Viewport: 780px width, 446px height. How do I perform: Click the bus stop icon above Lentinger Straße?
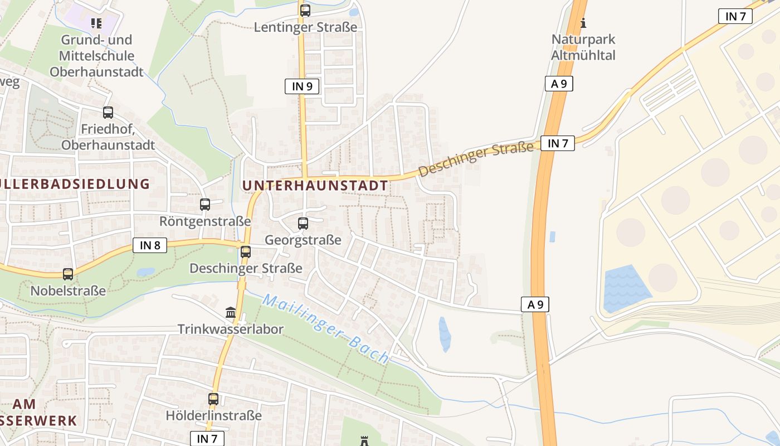(x=305, y=10)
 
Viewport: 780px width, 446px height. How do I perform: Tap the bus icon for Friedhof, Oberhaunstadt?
(x=108, y=113)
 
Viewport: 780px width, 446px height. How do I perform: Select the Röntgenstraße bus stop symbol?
(x=205, y=205)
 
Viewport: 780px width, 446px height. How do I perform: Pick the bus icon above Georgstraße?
(x=303, y=224)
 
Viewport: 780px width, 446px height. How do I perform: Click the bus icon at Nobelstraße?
(x=68, y=274)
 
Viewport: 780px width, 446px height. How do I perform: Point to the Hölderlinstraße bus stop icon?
(x=213, y=399)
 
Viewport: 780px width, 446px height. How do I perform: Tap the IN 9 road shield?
(x=302, y=86)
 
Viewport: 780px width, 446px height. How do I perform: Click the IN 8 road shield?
(x=150, y=245)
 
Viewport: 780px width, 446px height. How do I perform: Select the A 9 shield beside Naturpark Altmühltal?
(x=559, y=84)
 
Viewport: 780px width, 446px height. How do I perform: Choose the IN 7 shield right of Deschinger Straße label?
(x=557, y=143)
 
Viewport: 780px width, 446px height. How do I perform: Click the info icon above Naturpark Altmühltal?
(x=583, y=23)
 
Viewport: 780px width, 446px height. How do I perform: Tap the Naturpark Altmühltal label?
(x=583, y=47)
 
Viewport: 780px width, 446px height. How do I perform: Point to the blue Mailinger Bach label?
(x=325, y=329)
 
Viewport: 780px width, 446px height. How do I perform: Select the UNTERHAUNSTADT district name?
(x=315, y=186)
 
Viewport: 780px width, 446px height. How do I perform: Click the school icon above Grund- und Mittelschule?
(x=96, y=23)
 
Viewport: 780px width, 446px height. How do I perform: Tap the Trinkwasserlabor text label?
(x=231, y=329)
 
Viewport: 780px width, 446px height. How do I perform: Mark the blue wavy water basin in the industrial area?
(x=626, y=289)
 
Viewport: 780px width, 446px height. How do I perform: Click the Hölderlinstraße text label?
(x=213, y=415)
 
